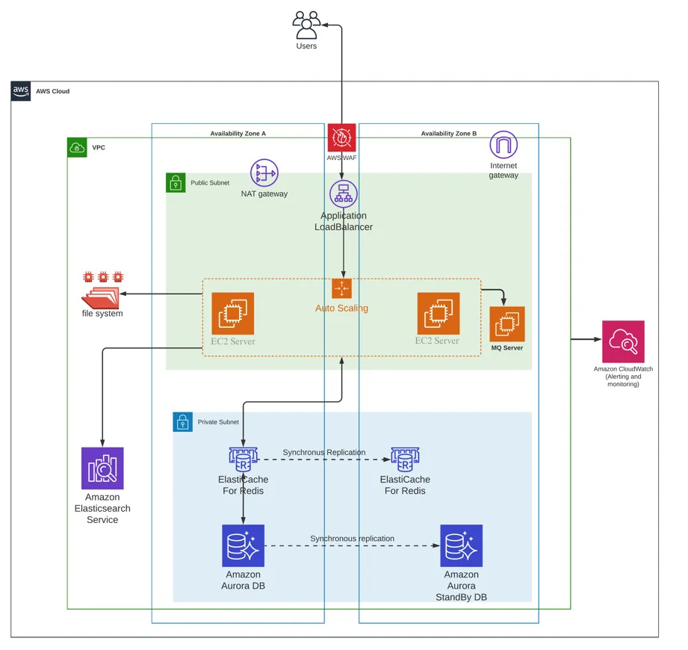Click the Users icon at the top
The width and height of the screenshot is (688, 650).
[306, 25]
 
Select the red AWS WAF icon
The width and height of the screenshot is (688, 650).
[341, 138]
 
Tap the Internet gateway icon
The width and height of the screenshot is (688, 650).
[503, 145]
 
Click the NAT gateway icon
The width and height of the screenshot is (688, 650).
[264, 173]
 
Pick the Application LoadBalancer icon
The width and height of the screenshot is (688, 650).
[343, 194]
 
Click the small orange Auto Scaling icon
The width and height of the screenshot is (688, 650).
[341, 288]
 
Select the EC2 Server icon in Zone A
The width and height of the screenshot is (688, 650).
[232, 313]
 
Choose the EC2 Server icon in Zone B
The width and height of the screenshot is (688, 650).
[438, 313]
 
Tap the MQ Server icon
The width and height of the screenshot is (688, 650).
[506, 324]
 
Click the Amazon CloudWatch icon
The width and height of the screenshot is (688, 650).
[623, 341]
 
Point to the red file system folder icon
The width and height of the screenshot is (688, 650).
[102, 291]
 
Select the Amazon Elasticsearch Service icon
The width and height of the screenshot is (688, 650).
[102, 468]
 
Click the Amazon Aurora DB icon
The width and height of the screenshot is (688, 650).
[244, 545]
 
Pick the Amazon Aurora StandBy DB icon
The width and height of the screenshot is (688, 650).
[461, 545]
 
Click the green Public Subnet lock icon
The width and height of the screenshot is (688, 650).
[176, 183]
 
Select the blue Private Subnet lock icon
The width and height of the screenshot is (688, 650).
[183, 422]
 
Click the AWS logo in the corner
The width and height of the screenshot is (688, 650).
[21, 91]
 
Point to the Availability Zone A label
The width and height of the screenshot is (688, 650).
[238, 134]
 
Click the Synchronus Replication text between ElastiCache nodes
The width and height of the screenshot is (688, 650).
[324, 452]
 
